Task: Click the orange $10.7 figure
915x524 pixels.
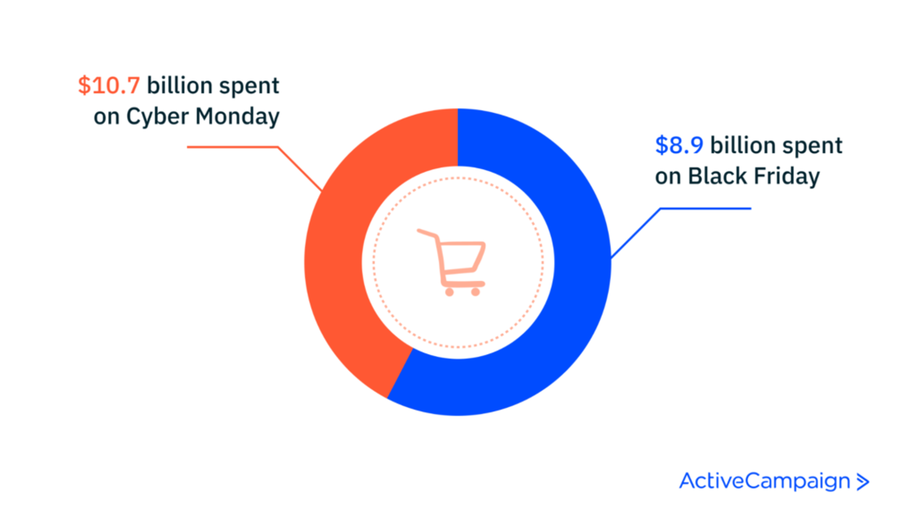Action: coord(109,86)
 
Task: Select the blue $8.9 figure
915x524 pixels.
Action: coord(679,145)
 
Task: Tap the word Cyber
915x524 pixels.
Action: coord(157,117)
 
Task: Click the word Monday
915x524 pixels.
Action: coord(237,117)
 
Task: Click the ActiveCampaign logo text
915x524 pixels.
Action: coord(765,481)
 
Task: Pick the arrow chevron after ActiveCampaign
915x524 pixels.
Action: coord(863,482)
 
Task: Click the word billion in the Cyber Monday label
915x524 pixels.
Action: coord(180,86)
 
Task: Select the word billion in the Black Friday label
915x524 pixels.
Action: coord(743,145)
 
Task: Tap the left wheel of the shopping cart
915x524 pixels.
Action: coord(449,292)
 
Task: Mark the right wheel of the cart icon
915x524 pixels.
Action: coord(475,292)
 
